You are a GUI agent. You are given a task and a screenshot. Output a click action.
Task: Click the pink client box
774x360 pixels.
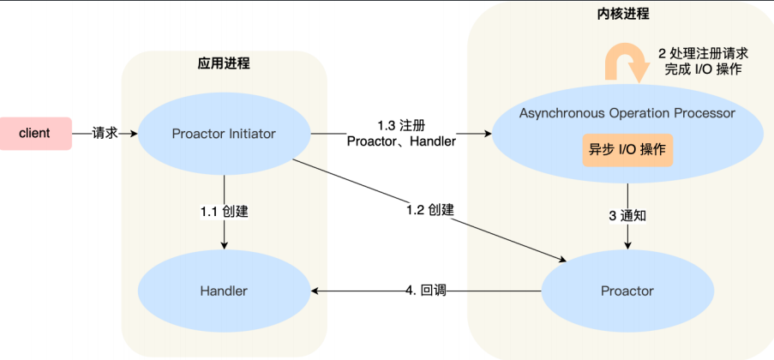[x=35, y=133]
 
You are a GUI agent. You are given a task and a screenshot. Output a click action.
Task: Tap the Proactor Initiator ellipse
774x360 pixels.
[x=224, y=134]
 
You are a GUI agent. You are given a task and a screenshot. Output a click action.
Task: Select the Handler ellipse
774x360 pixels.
[x=224, y=291]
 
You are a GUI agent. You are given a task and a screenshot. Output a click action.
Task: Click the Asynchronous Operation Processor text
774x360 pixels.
[x=627, y=113]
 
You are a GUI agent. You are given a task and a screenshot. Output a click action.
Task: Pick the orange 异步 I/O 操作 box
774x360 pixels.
[x=627, y=150]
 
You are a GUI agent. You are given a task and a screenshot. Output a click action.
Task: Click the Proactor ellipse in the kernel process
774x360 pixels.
[x=627, y=291]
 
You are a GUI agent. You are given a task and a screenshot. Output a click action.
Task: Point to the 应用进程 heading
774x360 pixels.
[x=224, y=64]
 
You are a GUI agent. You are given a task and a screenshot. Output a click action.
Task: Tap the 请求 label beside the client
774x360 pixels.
[x=105, y=134]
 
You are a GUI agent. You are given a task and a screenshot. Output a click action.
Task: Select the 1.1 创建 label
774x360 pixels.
[x=224, y=212]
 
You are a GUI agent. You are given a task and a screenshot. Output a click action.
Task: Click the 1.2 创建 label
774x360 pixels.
[x=429, y=209]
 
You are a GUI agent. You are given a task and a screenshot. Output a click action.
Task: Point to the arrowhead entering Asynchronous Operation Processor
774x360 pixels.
[x=489, y=134]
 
